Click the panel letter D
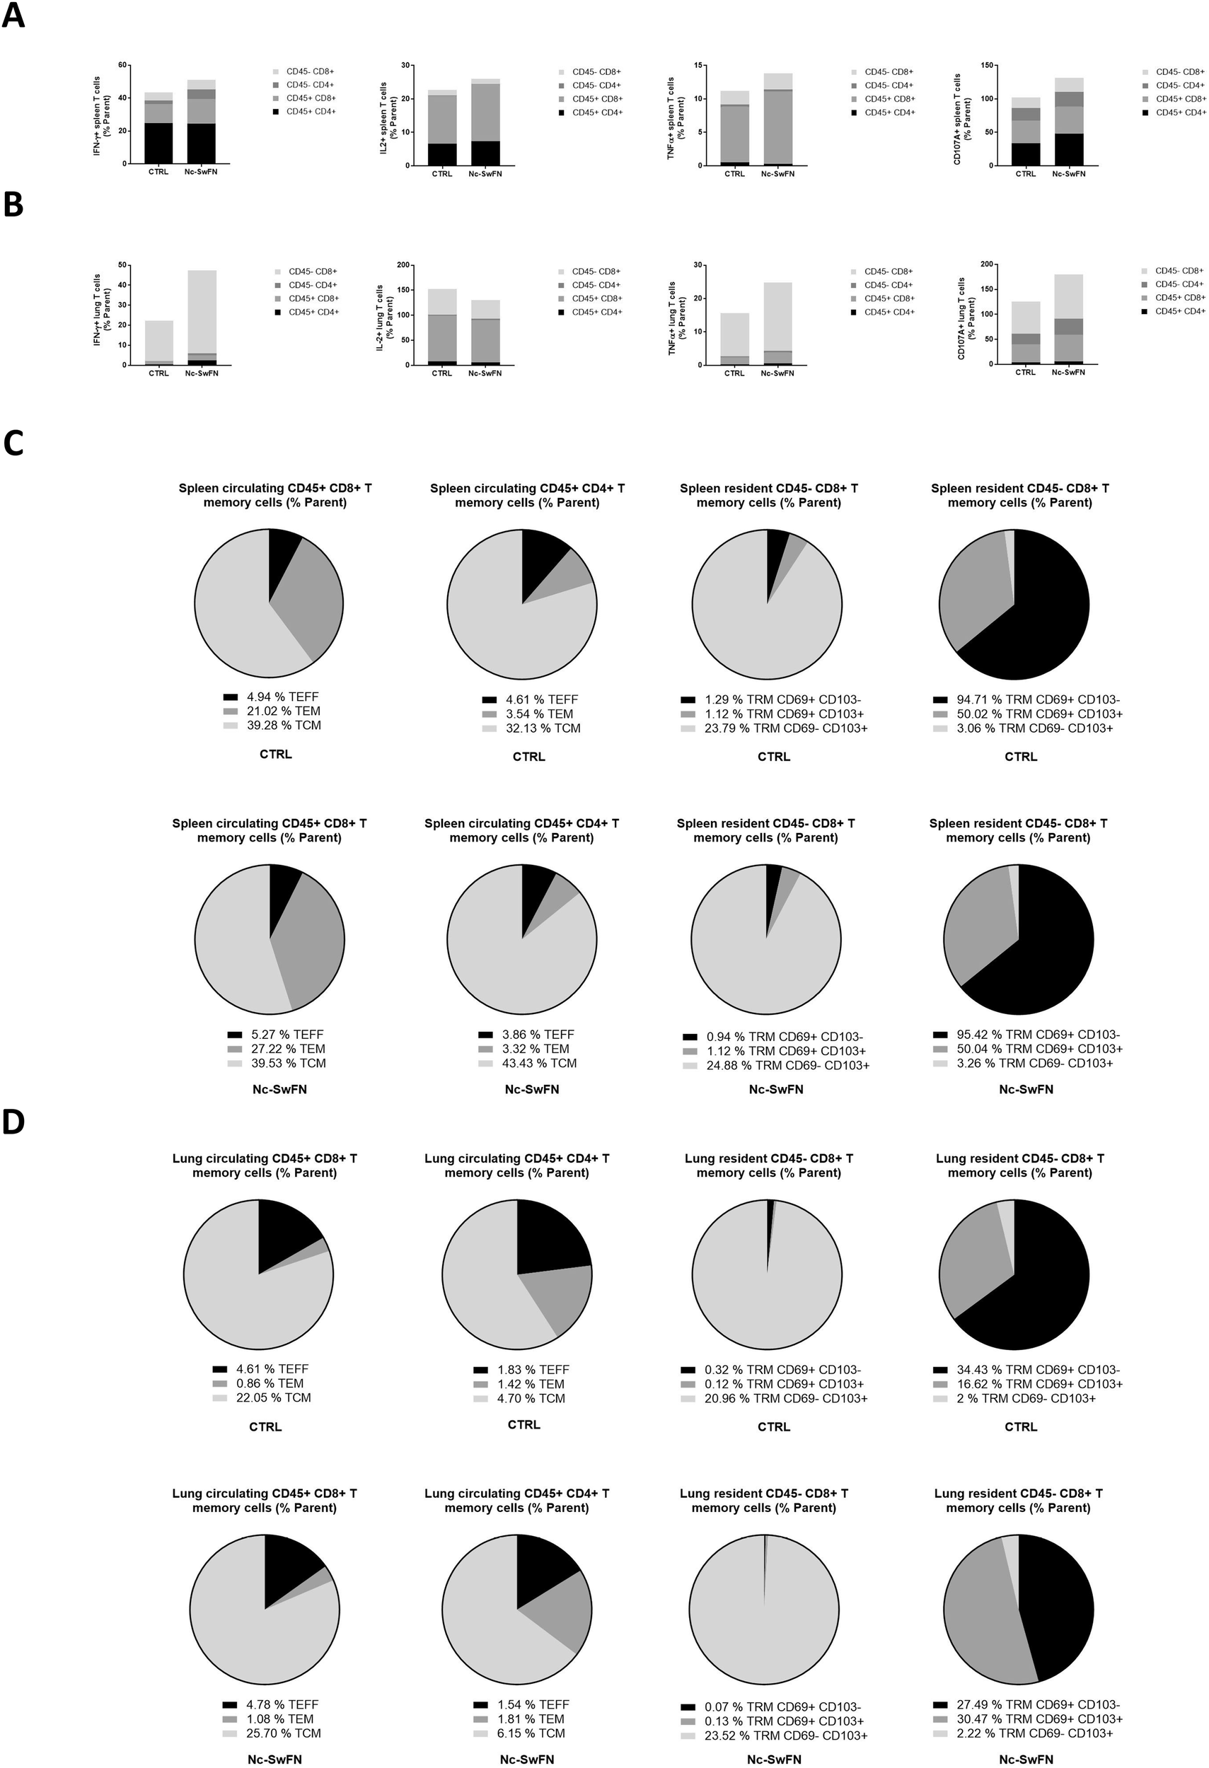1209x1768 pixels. click(x=13, y=1122)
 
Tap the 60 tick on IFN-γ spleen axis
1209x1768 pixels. click(x=120, y=66)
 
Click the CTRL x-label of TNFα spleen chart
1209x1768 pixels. click(x=734, y=173)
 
